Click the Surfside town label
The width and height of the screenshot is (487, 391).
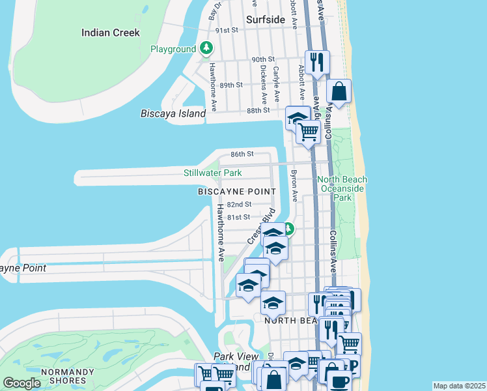266,20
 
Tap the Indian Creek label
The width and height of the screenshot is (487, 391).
110,32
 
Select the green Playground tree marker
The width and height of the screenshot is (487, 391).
206,48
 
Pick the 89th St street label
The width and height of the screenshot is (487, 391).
231,85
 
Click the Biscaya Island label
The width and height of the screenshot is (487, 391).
173,113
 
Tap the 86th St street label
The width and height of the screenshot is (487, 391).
242,154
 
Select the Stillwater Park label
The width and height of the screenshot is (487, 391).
212,173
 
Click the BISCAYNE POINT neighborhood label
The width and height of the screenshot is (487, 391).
237,192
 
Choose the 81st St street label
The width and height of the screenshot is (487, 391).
238,217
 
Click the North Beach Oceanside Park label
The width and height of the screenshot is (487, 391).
342,188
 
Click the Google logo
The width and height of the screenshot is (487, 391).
21,383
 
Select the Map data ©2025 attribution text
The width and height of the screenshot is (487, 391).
459,386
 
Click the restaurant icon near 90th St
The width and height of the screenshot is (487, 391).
317,63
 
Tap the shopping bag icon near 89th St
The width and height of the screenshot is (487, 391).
339,91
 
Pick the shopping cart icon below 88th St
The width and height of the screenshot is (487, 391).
308,132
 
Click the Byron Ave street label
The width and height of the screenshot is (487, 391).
294,186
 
